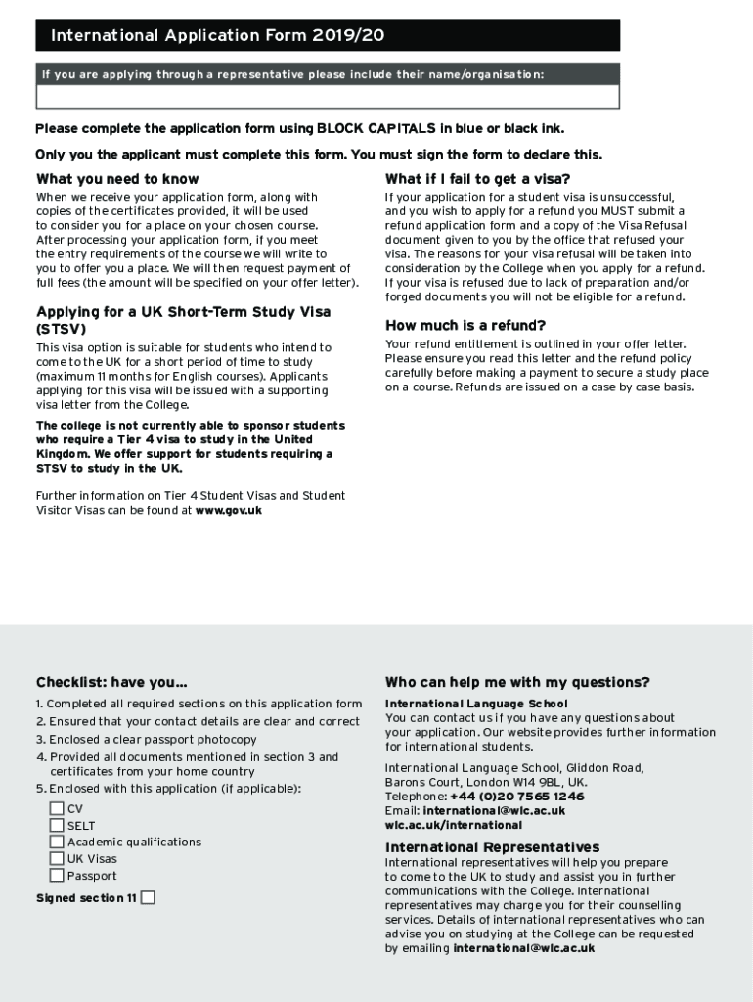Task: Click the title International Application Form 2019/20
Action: tap(217, 36)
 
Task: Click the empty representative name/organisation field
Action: tap(328, 96)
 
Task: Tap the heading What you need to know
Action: tap(117, 179)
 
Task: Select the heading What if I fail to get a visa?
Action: tap(477, 179)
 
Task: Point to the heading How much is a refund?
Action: tap(465, 325)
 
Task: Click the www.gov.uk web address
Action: tap(229, 510)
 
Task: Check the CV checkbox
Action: tap(57, 808)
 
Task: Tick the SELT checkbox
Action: tap(57, 825)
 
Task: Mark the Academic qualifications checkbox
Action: tap(57, 842)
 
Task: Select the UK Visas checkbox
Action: tap(57, 858)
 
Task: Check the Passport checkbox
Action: tap(57, 875)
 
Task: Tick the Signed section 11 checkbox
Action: tap(148, 897)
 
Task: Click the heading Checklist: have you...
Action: tap(111, 682)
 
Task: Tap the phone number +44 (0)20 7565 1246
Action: tap(516, 797)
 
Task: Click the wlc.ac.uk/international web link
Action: tap(453, 825)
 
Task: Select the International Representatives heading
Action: tap(492, 847)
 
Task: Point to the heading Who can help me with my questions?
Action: tap(517, 682)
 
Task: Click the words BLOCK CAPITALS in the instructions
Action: tap(376, 129)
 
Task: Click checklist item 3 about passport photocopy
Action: tap(147, 739)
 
